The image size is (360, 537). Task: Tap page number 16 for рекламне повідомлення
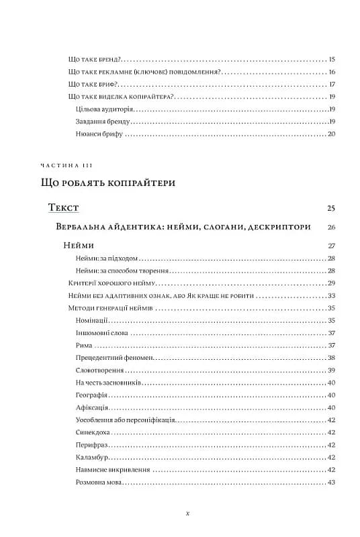331,72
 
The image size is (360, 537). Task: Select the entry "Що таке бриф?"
94,85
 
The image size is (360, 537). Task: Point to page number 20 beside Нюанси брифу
331,134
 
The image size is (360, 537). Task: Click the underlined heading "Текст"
64,208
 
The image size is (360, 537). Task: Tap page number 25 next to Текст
331,209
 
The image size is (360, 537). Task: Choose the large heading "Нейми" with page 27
79,246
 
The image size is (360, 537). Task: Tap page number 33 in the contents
331,296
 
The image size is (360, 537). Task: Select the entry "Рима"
84,346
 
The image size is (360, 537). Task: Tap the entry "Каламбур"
93,458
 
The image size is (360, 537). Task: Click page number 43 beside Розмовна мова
331,483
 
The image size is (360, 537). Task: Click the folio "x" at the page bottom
187,513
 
